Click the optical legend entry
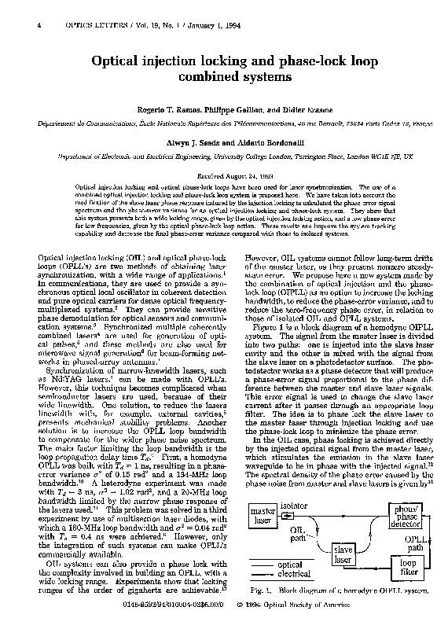290,565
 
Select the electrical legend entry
296,575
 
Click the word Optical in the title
119,61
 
